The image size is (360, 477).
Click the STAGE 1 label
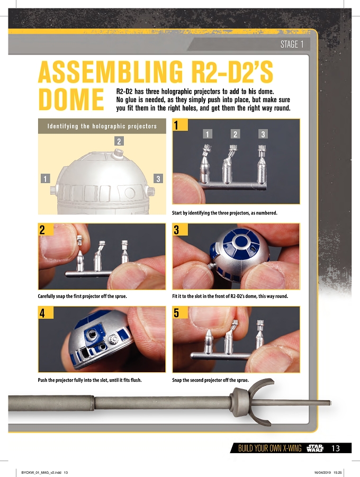tap(292, 44)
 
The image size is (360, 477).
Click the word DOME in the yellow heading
tap(71, 100)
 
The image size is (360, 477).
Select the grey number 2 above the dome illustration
tap(119, 141)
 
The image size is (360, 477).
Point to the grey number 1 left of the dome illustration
tap(46, 178)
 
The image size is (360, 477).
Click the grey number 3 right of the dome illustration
tap(158, 178)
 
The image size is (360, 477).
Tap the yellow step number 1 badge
tap(180, 125)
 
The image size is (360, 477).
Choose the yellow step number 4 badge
tap(46, 313)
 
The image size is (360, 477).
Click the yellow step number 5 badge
tap(180, 313)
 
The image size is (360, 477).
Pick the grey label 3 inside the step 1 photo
tap(263, 134)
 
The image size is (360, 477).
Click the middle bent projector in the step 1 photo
tap(229, 164)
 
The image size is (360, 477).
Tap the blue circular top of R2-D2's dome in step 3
tap(241, 242)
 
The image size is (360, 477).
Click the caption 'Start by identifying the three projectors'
tap(224, 213)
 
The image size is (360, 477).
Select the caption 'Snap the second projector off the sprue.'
tap(210, 380)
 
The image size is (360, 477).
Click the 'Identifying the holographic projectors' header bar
tap(102, 126)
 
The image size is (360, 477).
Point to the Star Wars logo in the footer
tap(316, 448)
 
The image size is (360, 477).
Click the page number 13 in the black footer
tap(336, 448)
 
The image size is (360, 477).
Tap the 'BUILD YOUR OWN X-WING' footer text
tap(269, 448)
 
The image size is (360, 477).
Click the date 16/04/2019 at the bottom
tap(322, 472)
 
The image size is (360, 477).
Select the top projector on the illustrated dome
tap(118, 154)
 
